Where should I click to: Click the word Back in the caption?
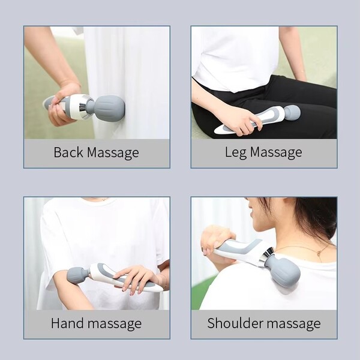(x=68, y=152)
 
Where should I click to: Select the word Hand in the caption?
(x=67, y=323)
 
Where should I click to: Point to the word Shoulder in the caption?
(x=235, y=323)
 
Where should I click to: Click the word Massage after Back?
(x=113, y=153)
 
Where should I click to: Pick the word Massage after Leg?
(x=276, y=153)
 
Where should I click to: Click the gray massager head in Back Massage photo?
(x=110, y=107)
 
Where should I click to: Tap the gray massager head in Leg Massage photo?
(x=292, y=112)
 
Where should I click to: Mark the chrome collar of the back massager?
(x=84, y=107)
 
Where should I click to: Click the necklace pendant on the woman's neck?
(x=319, y=253)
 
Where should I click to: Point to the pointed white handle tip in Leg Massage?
(x=216, y=131)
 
